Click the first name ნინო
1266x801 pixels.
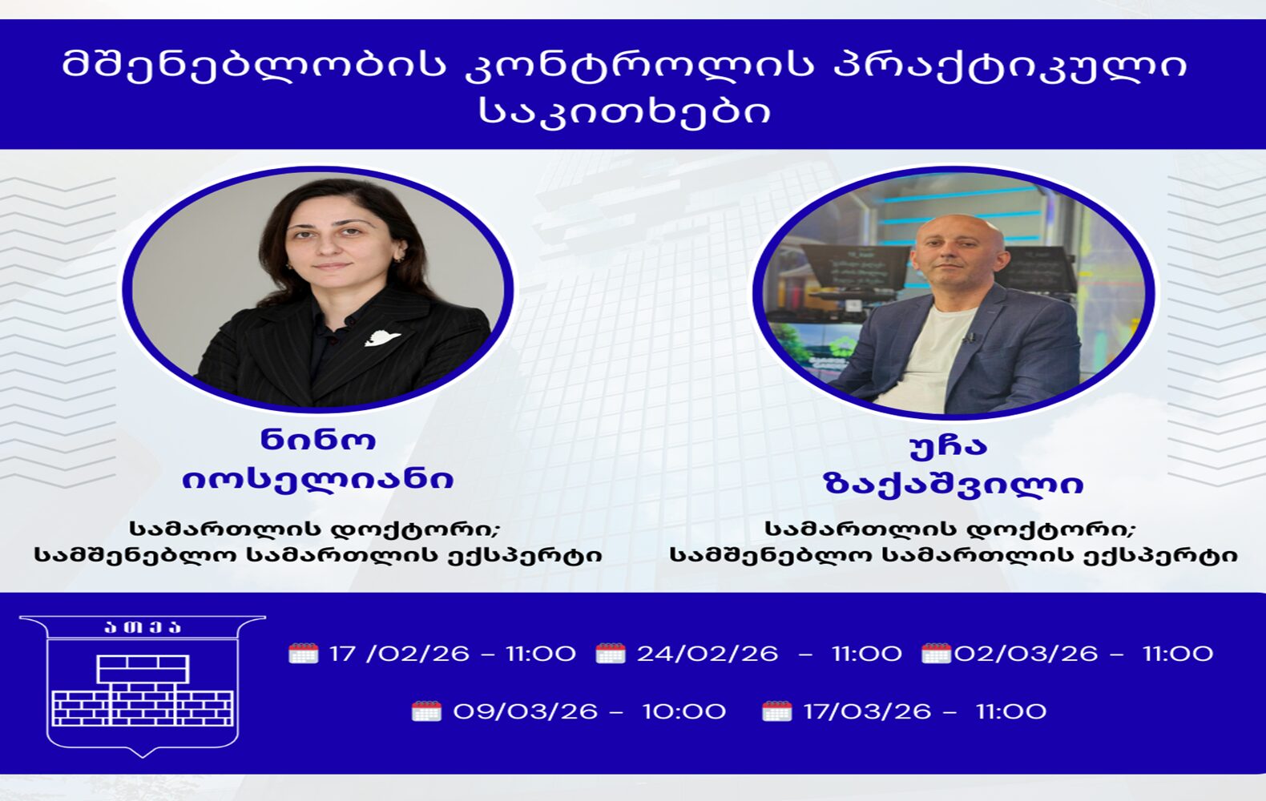[x=319, y=440]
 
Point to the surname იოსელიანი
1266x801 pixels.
[x=318, y=480]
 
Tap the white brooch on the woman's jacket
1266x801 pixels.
[x=382, y=338]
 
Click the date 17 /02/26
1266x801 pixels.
[x=399, y=654]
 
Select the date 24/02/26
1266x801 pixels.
[x=707, y=654]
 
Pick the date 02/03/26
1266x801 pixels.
[x=1026, y=654]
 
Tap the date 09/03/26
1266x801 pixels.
[x=525, y=711]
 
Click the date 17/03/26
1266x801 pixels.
[x=867, y=711]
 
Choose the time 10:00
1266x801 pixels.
[x=683, y=711]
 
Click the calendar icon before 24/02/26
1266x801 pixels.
[x=611, y=654]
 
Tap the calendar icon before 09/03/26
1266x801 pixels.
[x=427, y=711]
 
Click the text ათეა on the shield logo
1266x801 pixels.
[x=143, y=627]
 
